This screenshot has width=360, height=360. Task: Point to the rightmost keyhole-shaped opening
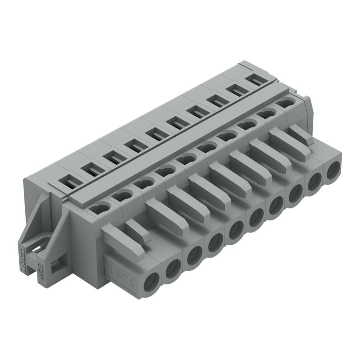(x=285, y=103)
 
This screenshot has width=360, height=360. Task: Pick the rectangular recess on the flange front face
(x=56, y=264)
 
